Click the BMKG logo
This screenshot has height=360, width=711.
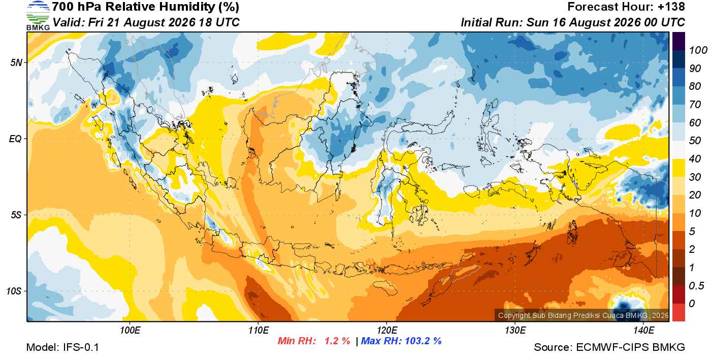(x=38, y=16)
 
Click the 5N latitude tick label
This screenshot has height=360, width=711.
(x=16, y=62)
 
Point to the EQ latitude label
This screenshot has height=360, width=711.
(x=16, y=139)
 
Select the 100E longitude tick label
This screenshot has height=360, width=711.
(x=130, y=330)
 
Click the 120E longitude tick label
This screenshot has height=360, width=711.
(x=387, y=330)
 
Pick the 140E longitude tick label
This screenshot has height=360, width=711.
(x=643, y=330)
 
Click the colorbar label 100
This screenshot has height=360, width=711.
(x=698, y=50)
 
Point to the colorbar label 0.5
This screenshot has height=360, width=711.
(x=696, y=286)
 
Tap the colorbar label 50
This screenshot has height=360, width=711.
(x=695, y=141)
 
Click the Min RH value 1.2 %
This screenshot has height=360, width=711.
(x=337, y=341)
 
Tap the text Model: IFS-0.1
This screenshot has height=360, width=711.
(x=62, y=347)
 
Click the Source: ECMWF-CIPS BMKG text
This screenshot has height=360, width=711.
(x=609, y=347)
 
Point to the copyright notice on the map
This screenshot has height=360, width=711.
(x=584, y=315)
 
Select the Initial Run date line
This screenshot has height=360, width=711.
(x=573, y=22)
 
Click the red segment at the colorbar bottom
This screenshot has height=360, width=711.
(x=678, y=313)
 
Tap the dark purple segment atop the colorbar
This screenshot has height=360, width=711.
(x=678, y=41)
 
